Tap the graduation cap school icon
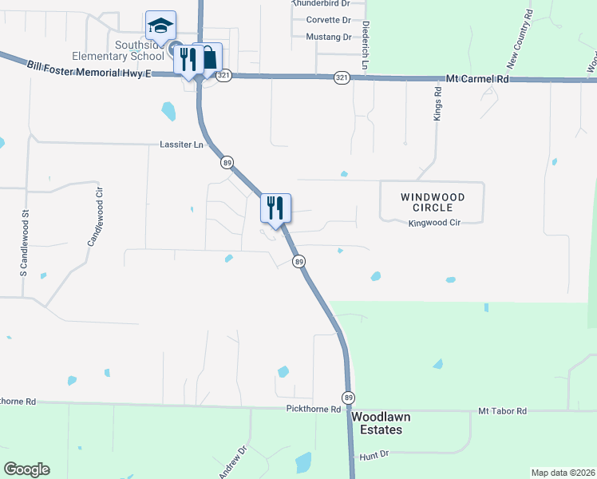(160, 26)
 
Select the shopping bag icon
(208, 57)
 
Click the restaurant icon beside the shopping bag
(188, 59)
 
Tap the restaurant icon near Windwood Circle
(275, 208)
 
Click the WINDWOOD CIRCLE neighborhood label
(432, 202)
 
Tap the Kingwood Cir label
(436, 224)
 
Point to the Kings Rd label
(437, 104)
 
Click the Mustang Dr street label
(328, 37)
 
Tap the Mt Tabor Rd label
(503, 410)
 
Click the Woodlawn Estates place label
(376, 423)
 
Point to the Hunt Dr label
(373, 454)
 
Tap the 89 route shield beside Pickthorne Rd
(348, 397)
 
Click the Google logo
(26, 469)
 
